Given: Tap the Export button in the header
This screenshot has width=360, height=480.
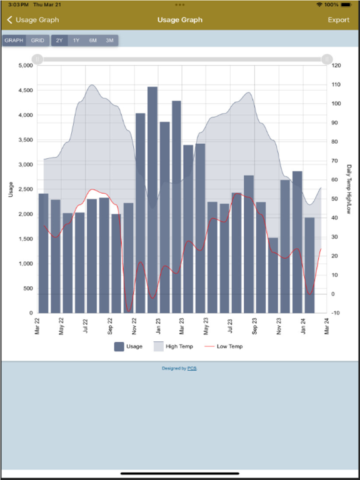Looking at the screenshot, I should pyautogui.click(x=339, y=20).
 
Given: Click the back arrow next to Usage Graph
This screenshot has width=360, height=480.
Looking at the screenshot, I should pyautogui.click(x=9, y=20).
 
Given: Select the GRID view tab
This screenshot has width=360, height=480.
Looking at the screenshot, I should pyautogui.click(x=38, y=41).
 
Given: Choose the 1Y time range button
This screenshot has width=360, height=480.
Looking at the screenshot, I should pyautogui.click(x=76, y=41).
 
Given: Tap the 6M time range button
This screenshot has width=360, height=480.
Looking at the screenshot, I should pyautogui.click(x=92, y=41).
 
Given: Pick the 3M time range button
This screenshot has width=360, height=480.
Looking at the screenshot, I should pyautogui.click(x=109, y=41).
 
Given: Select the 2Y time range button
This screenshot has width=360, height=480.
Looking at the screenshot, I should pyautogui.click(x=59, y=41).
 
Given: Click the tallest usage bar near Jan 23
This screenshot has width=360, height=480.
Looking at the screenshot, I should pyautogui.click(x=152, y=200).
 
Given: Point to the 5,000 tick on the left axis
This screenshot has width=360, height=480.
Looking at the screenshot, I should pyautogui.click(x=25, y=66).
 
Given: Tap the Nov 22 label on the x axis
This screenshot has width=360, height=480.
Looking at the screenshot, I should pyautogui.click(x=134, y=326).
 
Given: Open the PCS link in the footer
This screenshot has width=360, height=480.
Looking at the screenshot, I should pyautogui.click(x=192, y=369).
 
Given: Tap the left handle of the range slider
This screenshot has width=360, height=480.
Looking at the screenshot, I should pyautogui.click(x=37, y=59).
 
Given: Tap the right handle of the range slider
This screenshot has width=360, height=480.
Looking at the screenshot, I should pyautogui.click(x=327, y=59).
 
